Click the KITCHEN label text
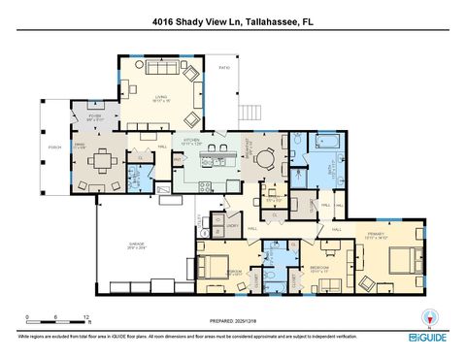coord(192,140)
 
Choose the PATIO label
coord(224,69)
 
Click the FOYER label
coord(95,116)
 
